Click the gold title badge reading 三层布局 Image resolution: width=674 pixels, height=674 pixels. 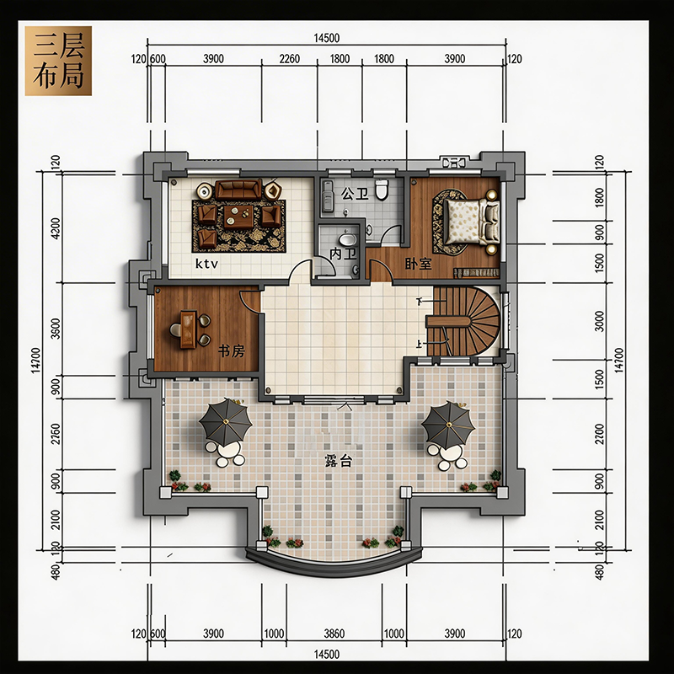click(x=58, y=61)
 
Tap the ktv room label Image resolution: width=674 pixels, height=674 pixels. click(x=206, y=263)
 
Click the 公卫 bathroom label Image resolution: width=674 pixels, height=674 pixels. click(x=355, y=194)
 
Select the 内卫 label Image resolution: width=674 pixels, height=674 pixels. click(x=343, y=254)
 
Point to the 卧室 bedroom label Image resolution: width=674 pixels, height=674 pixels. click(x=418, y=264)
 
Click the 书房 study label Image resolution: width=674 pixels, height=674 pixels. click(x=231, y=351)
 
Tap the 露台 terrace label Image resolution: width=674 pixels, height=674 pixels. click(x=339, y=461)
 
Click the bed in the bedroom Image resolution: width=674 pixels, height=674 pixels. click(x=472, y=222)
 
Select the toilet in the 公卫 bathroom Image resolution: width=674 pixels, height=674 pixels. click(x=382, y=189)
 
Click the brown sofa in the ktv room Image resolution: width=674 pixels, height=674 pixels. click(x=238, y=190)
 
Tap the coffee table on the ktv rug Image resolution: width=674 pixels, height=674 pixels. click(x=238, y=217)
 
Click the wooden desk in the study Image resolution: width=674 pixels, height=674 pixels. click(x=188, y=329)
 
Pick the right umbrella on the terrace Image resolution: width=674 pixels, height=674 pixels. click(x=448, y=424)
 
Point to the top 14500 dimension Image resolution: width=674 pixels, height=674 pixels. click(x=326, y=38)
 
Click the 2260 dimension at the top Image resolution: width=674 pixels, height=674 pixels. click(x=289, y=58)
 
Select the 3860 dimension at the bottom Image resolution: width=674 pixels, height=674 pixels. click(x=334, y=634)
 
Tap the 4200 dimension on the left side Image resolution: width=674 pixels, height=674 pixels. click(x=56, y=229)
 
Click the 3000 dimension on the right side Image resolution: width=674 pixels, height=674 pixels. click(x=599, y=322)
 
